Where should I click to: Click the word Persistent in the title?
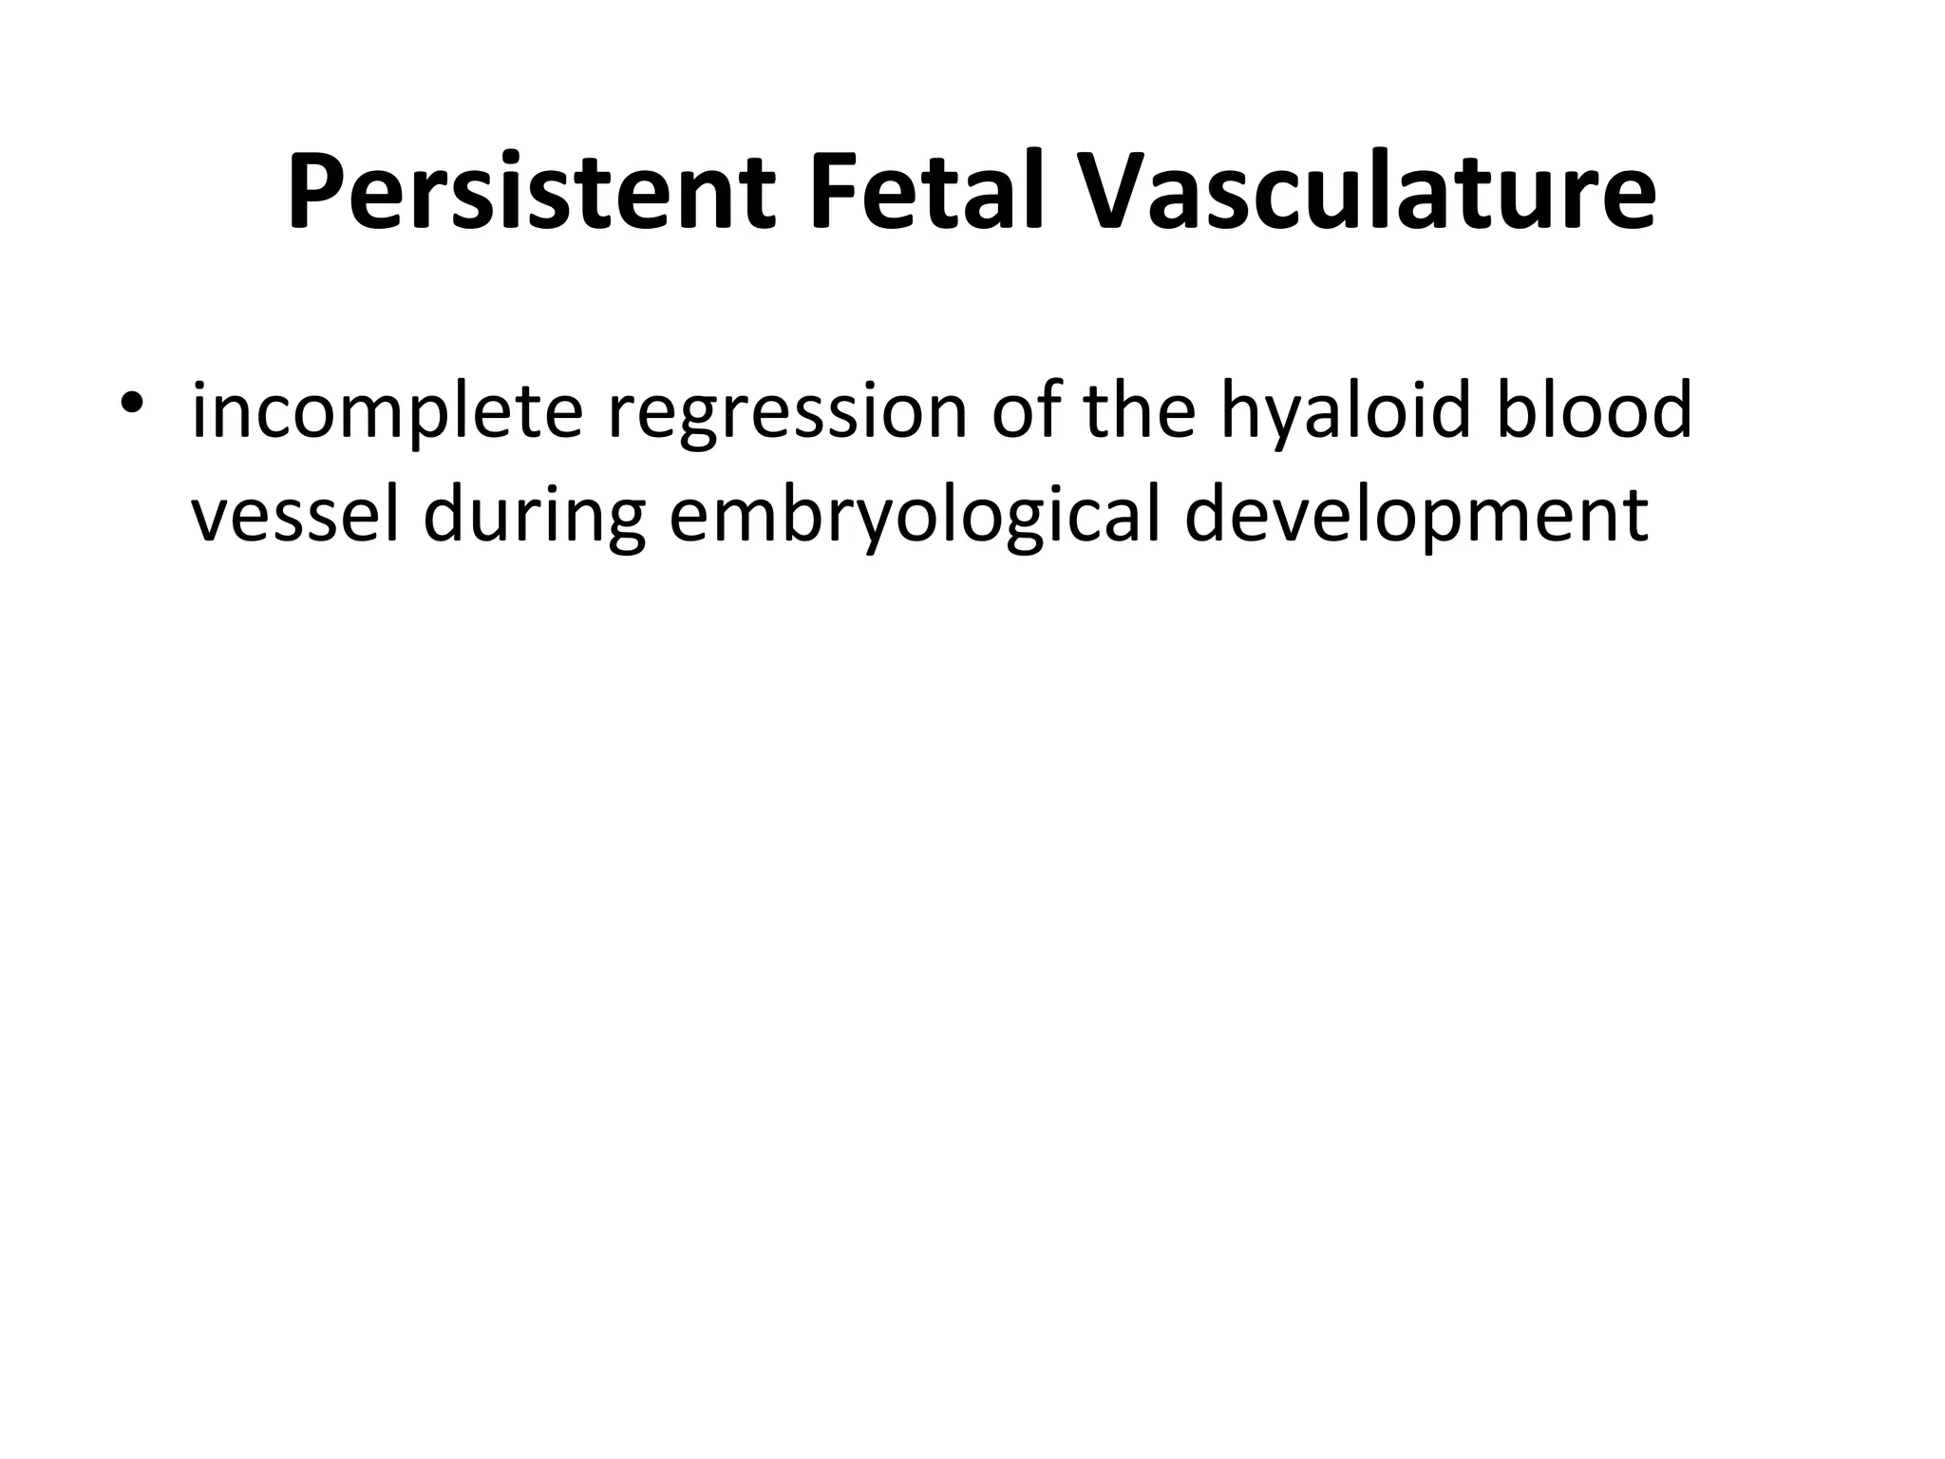point(532,193)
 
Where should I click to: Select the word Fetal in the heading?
point(927,193)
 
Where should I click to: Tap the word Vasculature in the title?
point(1368,193)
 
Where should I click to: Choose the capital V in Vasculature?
point(1114,193)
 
